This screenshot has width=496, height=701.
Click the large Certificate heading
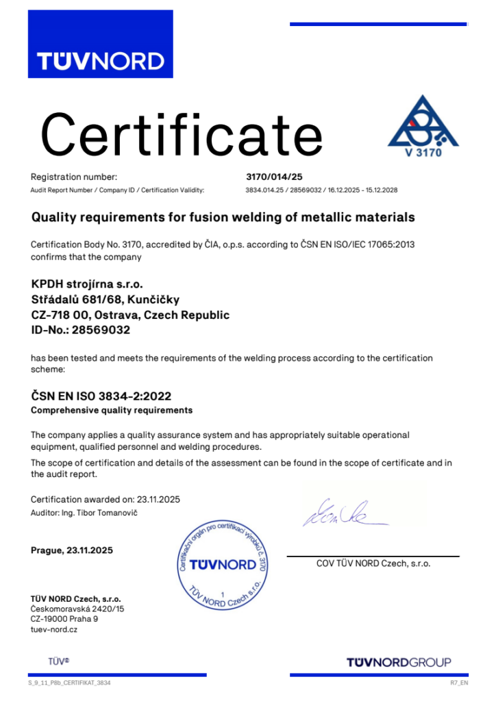182,135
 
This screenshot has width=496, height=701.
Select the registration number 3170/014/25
273,177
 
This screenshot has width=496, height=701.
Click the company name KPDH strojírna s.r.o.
88,283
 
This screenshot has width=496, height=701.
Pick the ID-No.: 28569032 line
81,329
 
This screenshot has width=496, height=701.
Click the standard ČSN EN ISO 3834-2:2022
101,396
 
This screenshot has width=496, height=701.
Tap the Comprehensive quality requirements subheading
112,410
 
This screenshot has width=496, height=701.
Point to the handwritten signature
341,512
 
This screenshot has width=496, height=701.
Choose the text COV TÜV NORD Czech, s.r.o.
373,563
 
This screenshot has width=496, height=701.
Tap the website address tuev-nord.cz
54,629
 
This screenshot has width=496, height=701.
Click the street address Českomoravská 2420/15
77,609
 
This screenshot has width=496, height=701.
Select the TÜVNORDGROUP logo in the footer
399,662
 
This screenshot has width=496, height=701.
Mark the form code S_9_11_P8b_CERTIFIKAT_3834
69,683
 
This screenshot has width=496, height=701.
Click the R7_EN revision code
458,683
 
